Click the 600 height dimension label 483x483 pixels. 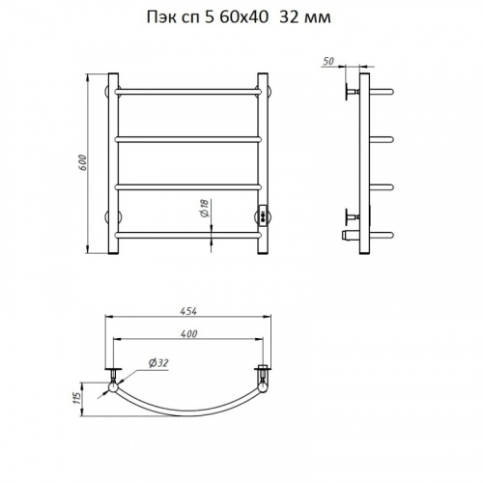(x=83, y=163)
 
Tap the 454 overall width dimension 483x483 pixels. (x=188, y=311)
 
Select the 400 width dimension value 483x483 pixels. (x=188, y=333)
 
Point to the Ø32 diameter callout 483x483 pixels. (x=158, y=363)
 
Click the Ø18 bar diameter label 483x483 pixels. (x=205, y=208)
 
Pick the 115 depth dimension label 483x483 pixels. (x=76, y=400)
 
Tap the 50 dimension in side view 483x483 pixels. (x=328, y=61)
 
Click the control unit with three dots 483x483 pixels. (x=262, y=215)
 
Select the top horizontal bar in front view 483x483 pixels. (x=187, y=92)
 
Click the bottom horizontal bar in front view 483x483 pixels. (x=187, y=235)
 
